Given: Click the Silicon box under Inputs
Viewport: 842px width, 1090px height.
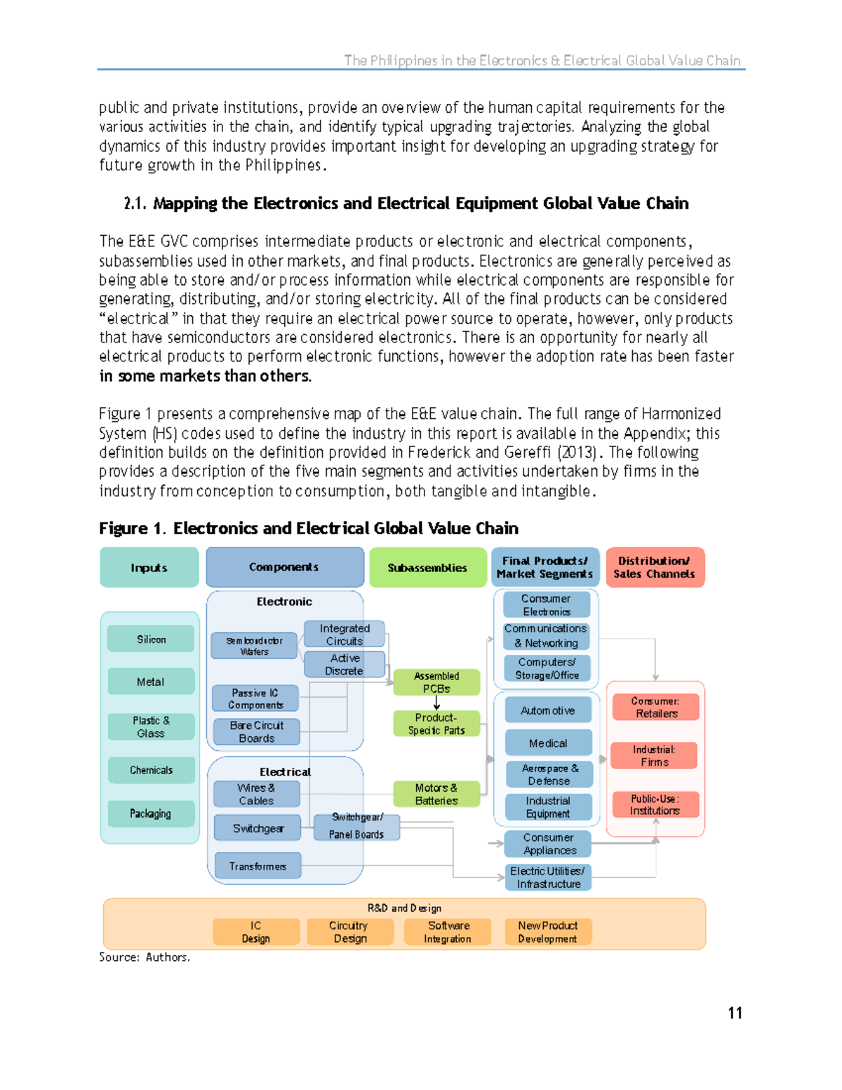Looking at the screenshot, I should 151,639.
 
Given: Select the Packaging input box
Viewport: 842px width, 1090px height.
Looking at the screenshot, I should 151,813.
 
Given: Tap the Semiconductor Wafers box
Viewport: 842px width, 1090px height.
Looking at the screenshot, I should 254,646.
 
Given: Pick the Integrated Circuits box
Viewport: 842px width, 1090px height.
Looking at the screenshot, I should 345,634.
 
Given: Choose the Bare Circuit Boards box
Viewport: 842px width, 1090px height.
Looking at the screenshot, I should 256,731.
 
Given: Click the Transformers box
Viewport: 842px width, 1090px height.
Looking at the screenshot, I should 258,866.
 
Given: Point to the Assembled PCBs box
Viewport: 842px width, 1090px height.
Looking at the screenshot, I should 436,682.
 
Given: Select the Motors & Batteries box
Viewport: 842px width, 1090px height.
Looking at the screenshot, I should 436,794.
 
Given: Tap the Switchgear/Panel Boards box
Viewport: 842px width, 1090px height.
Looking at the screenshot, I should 357,826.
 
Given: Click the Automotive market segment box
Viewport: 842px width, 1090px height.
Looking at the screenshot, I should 548,710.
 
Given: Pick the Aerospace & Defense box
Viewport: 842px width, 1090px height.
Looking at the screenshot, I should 549,774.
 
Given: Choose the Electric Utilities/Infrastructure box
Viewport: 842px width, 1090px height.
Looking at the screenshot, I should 548,877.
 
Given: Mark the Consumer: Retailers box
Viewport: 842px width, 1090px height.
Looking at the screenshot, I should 655,707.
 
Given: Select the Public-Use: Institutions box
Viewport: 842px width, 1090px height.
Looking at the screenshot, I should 655,804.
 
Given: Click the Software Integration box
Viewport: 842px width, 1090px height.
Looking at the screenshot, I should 448,932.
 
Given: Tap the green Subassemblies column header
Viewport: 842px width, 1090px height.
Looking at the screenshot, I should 427,567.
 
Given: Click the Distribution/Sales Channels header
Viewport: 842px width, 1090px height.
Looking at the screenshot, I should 655,567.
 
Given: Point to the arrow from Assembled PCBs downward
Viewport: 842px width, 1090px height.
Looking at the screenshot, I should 436,703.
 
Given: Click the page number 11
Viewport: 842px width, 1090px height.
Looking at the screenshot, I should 735,1013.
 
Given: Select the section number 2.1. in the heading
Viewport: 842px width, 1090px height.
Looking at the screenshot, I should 135,204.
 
